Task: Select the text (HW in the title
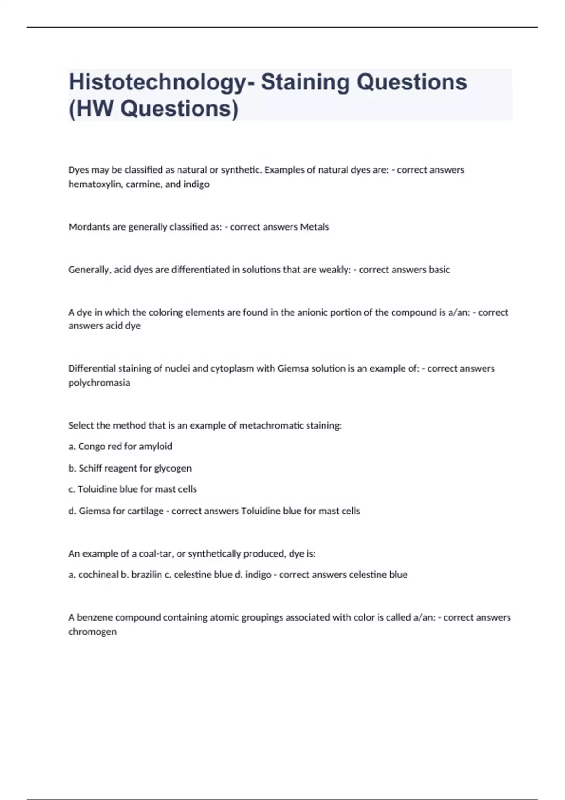point(91,109)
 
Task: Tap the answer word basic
point(439,270)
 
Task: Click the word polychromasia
point(99,383)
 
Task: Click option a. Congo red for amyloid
point(121,446)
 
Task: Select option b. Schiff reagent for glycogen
point(130,468)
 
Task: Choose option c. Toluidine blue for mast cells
point(133,489)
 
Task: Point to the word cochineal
point(98,575)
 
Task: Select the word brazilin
point(146,575)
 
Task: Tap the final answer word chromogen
point(92,632)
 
